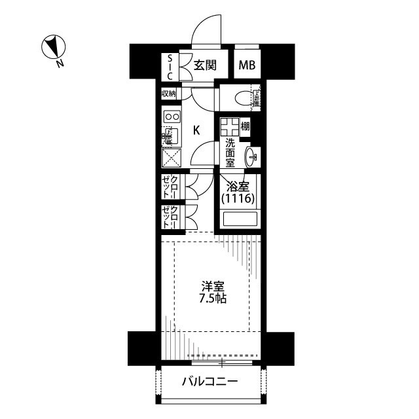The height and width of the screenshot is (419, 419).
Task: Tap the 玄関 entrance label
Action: tap(204, 65)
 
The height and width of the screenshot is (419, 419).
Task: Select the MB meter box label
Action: tap(247, 65)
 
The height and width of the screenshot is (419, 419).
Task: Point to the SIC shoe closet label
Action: tap(170, 65)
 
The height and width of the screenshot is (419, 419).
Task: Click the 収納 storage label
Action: tap(169, 94)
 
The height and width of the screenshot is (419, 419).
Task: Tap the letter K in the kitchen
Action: tap(196, 130)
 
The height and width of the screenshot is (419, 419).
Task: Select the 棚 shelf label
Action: tap(244, 126)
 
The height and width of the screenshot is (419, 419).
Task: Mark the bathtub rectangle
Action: tap(240, 219)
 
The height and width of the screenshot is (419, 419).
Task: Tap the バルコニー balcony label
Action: tap(209, 381)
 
